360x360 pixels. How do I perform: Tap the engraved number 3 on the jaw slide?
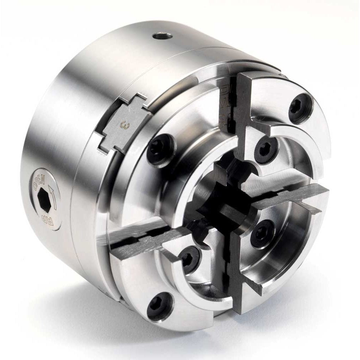tap(123, 124)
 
